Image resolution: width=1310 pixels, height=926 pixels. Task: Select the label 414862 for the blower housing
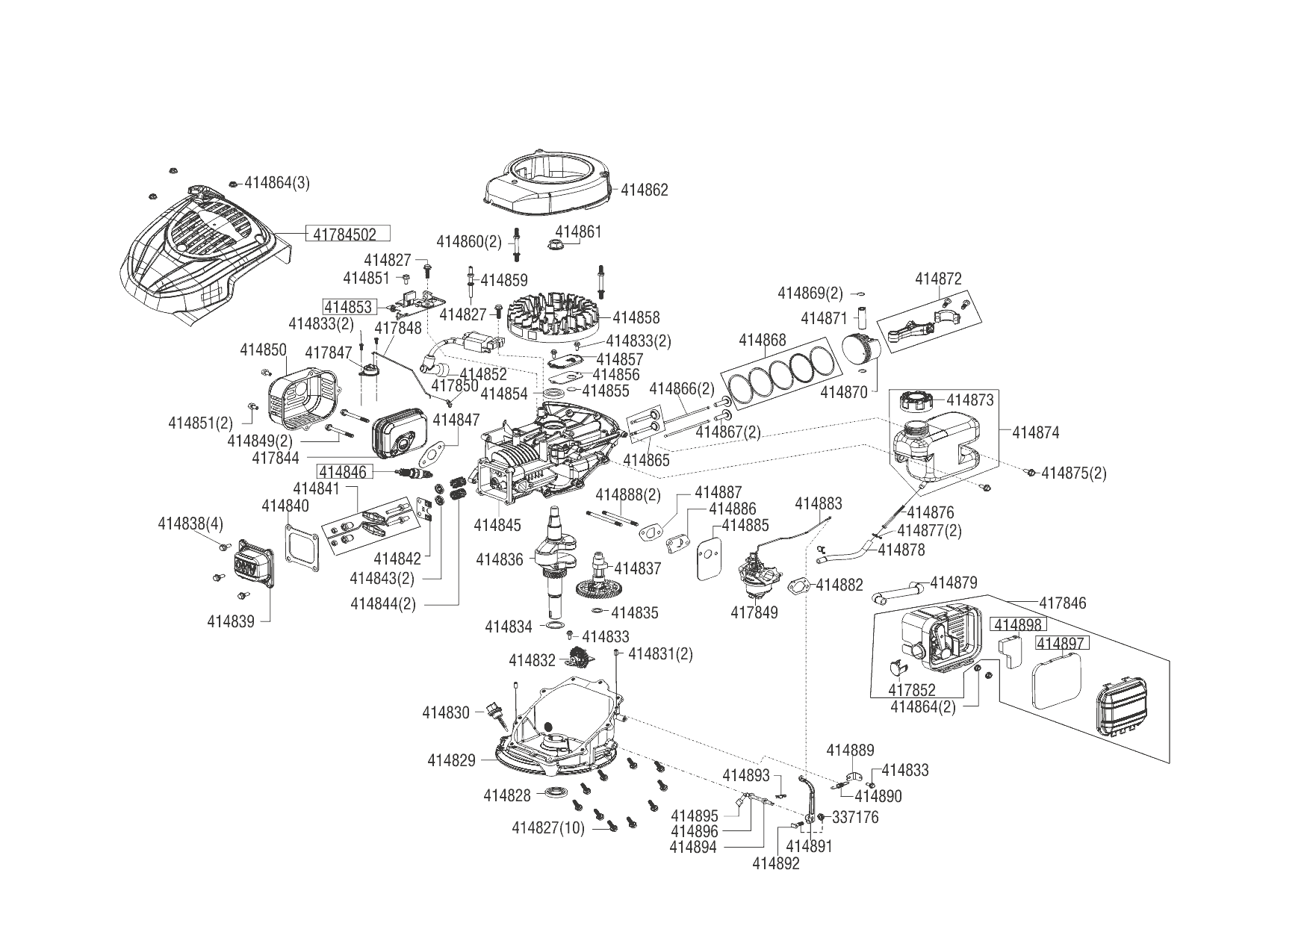645,190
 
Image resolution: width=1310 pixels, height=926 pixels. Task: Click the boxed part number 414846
344,471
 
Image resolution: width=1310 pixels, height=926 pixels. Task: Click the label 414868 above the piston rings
763,341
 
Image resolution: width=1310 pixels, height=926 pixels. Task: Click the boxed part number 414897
1062,643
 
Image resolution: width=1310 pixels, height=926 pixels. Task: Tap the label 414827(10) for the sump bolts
548,827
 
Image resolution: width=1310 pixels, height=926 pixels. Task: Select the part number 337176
855,817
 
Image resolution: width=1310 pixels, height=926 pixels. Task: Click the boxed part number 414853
347,307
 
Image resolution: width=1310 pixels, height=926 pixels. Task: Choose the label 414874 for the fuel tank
1036,432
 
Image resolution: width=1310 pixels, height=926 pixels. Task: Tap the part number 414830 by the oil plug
446,712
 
